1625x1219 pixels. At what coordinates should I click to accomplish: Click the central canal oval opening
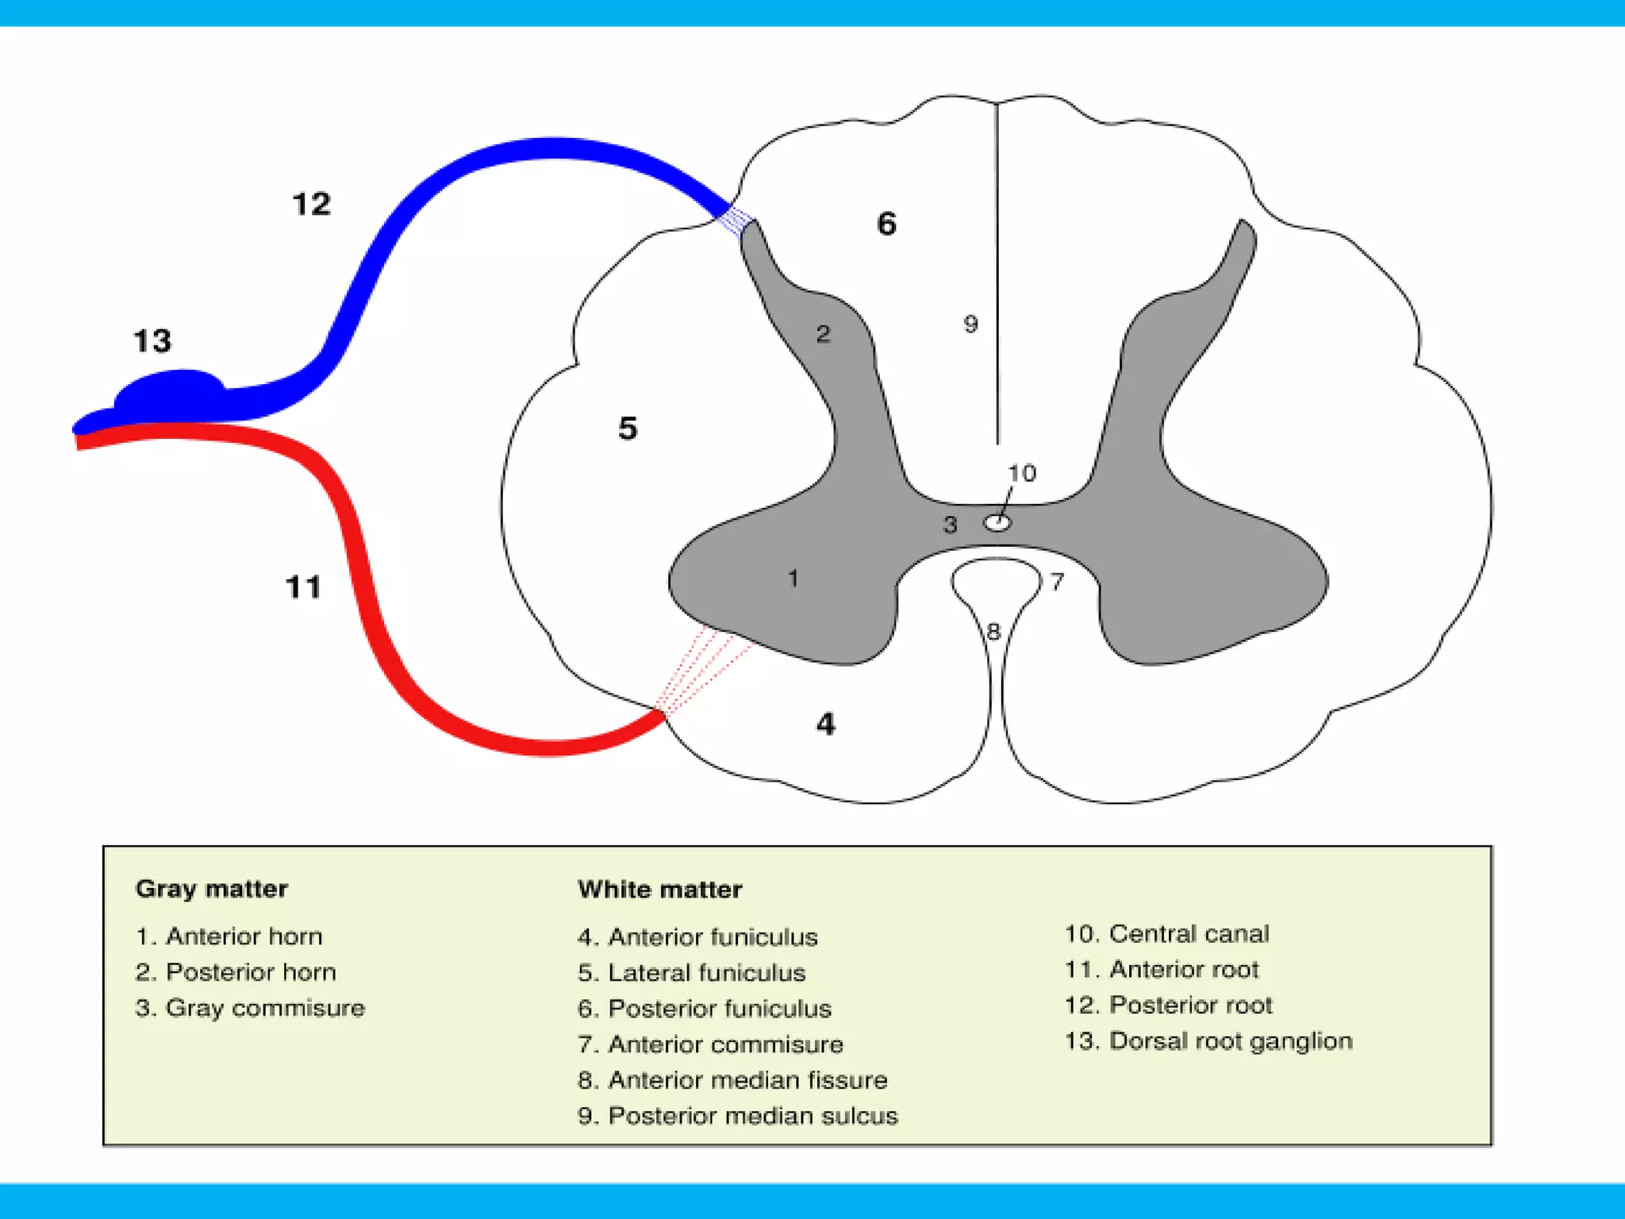pyautogui.click(x=997, y=523)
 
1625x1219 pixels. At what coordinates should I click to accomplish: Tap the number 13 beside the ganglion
pyautogui.click(x=152, y=341)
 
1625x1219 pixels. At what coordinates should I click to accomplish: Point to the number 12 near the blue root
pyautogui.click(x=311, y=205)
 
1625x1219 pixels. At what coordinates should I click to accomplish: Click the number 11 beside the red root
pyautogui.click(x=303, y=588)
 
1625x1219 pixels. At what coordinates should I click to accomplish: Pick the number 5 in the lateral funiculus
pyautogui.click(x=628, y=429)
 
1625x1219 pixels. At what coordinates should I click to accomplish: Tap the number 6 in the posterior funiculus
pyautogui.click(x=886, y=224)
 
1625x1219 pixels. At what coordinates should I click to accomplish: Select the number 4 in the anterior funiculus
pyautogui.click(x=825, y=724)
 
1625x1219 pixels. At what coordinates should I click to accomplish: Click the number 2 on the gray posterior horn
pyautogui.click(x=823, y=334)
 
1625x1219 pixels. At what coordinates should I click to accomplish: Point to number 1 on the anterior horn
pyautogui.click(x=793, y=579)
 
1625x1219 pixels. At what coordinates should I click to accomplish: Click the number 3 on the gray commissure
pyautogui.click(x=950, y=525)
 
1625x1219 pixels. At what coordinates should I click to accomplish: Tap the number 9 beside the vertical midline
pyautogui.click(x=970, y=324)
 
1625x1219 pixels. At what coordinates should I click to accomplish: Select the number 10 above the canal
pyautogui.click(x=1022, y=473)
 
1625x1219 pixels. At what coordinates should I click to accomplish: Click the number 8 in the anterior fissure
pyautogui.click(x=993, y=632)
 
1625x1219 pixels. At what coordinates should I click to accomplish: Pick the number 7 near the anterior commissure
pyautogui.click(x=1057, y=582)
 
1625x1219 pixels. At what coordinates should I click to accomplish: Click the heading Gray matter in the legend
pyautogui.click(x=211, y=889)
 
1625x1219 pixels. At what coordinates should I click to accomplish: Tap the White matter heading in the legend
pyautogui.click(x=659, y=890)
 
